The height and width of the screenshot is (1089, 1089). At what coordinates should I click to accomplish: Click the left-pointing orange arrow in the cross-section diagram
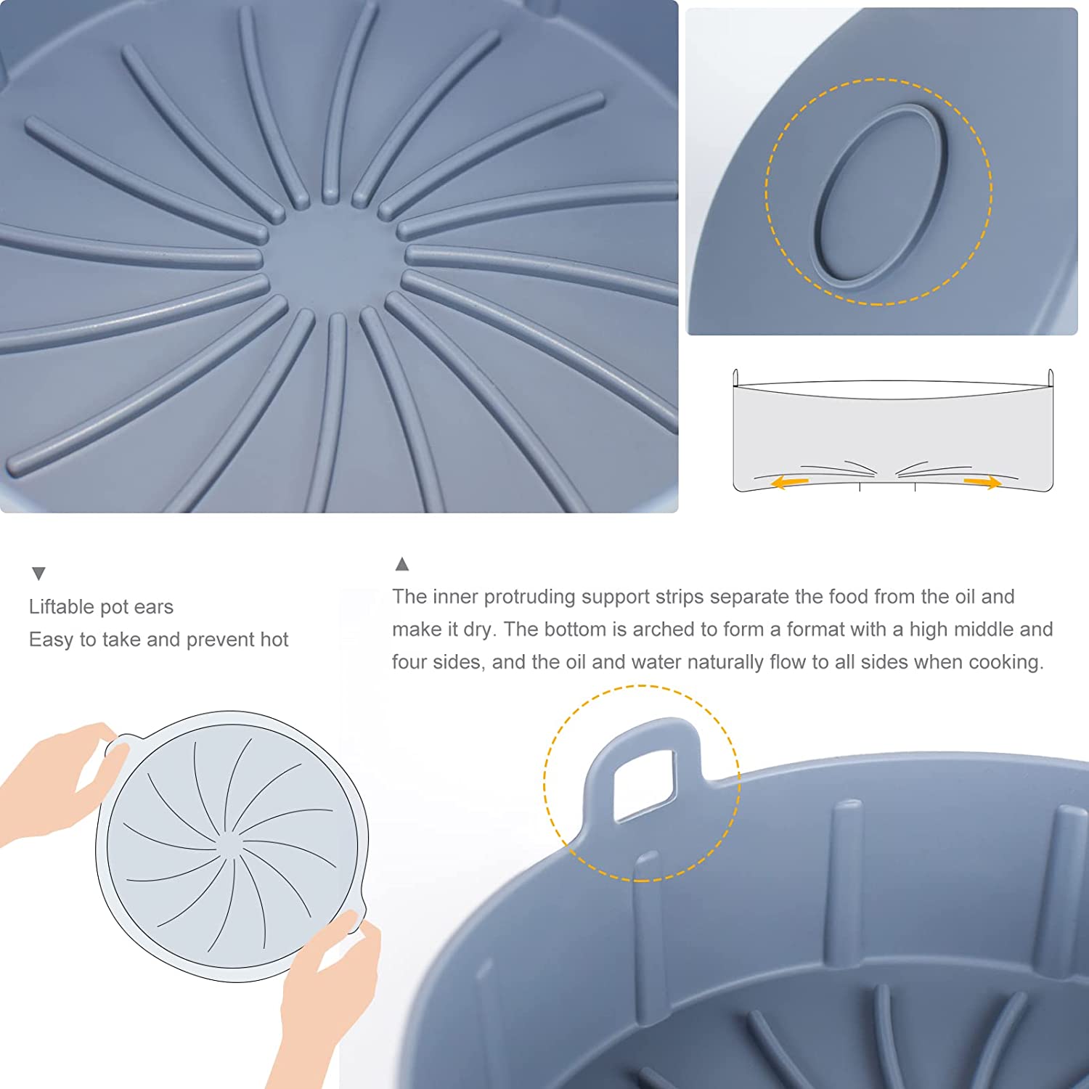point(789,481)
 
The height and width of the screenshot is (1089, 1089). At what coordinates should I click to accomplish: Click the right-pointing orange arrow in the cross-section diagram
point(983,482)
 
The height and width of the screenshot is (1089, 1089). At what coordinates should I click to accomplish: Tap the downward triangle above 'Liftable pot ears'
point(39,574)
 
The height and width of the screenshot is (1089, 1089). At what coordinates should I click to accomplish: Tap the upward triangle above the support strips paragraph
point(402,563)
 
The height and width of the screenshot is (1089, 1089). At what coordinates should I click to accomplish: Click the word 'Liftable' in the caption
point(62,606)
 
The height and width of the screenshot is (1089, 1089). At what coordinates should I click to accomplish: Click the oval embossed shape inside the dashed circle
point(880,193)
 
